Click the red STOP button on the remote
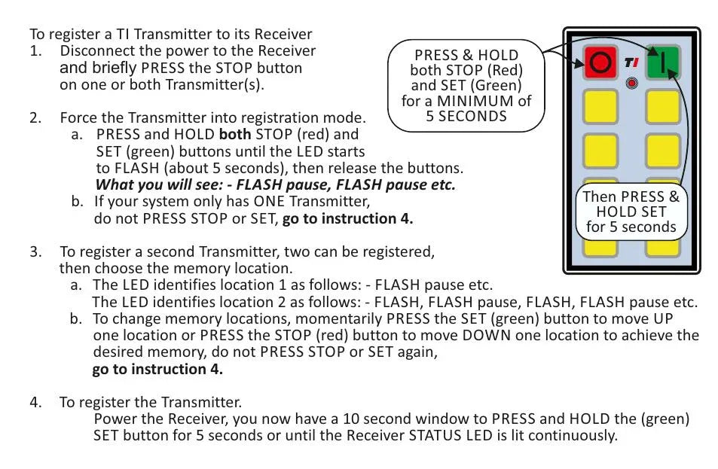point(600,63)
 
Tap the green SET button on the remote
point(662,62)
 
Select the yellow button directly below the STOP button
point(600,106)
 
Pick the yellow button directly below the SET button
point(662,106)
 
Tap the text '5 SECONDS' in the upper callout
point(466,116)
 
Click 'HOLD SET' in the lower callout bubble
point(631,212)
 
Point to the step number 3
point(35,251)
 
